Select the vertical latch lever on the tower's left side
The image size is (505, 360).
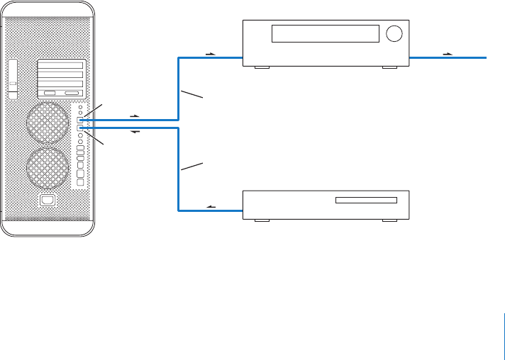13,78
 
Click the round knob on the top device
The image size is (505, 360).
394,33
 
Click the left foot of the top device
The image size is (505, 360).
261,68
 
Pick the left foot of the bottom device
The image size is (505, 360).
261,220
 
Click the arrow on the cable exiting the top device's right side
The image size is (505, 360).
447,52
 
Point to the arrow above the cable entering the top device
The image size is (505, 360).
209,52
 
